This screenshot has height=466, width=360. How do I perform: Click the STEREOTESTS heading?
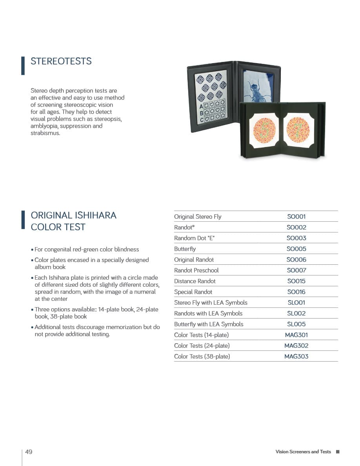click(x=61, y=61)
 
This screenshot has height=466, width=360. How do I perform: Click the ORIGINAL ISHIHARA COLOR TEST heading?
click(x=73, y=221)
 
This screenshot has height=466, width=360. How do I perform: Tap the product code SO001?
click(x=296, y=217)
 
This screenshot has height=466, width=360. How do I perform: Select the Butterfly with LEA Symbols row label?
click(x=209, y=324)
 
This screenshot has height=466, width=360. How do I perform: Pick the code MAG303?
click(x=296, y=356)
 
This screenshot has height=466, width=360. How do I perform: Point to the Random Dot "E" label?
click(x=195, y=238)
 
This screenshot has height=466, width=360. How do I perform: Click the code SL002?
click(x=296, y=313)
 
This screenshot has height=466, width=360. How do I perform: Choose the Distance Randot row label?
click(x=195, y=281)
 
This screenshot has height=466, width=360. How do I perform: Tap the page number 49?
click(x=29, y=451)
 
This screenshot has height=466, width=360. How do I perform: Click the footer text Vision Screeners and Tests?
click(x=303, y=452)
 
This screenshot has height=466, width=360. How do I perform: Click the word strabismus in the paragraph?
click(x=45, y=133)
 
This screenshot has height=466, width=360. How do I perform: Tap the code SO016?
click(x=296, y=292)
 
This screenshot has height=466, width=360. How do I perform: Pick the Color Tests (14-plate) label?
click(x=201, y=335)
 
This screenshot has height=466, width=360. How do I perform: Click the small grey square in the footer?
click(x=338, y=452)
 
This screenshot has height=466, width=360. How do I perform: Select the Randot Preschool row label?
click(x=196, y=270)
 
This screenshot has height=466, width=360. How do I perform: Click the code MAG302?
click(x=296, y=346)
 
